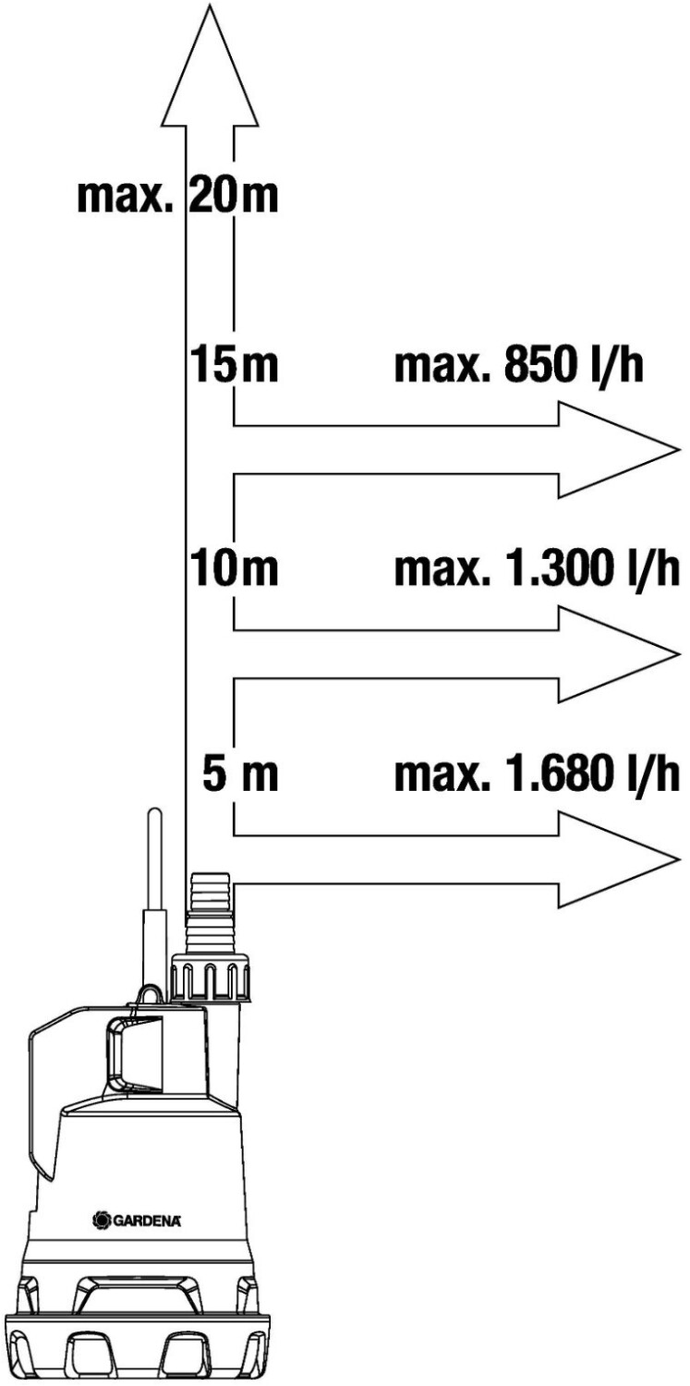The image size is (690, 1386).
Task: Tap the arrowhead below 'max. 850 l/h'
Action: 619,450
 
